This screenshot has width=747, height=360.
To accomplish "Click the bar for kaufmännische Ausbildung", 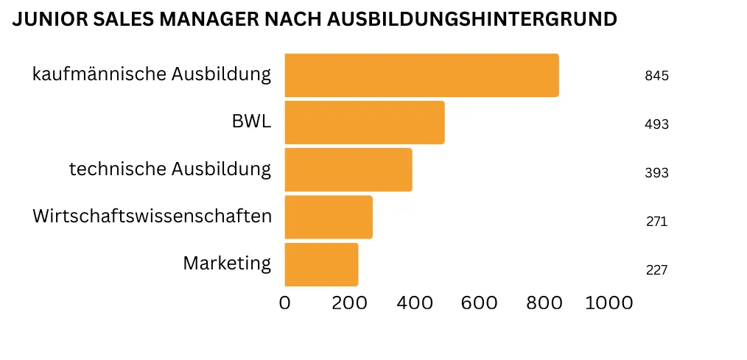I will click(421, 75).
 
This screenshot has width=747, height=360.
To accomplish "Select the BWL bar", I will click(364, 122).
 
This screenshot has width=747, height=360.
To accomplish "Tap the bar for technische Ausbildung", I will click(348, 169).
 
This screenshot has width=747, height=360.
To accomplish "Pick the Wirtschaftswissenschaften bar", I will click(328, 216).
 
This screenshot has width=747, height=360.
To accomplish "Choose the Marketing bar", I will click(321, 264).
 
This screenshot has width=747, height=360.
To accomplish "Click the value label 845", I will click(656, 76).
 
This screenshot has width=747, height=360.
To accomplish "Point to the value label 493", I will click(656, 124).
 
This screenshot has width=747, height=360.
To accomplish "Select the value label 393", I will click(656, 173).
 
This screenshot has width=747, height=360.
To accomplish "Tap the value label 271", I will click(656, 221).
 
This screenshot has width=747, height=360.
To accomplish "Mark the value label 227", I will click(656, 269).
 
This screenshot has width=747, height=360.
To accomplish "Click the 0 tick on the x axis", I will click(285, 303).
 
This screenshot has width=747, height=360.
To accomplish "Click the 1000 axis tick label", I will click(609, 303).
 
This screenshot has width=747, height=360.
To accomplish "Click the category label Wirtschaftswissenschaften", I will click(152, 216).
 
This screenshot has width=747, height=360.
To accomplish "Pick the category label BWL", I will click(251, 121).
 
